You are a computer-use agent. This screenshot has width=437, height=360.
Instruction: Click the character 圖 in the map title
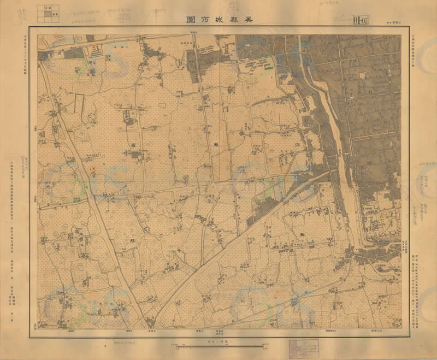(x=191, y=19)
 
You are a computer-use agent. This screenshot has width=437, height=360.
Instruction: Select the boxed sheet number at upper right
(x=360, y=20)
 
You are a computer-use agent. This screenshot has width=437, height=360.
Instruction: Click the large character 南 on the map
(x=132, y=139)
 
